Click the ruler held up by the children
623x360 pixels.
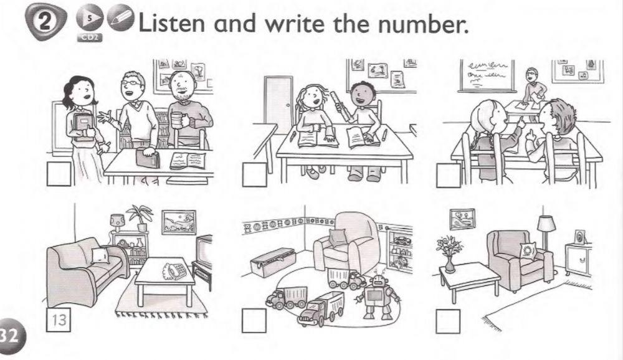[x=340, y=102]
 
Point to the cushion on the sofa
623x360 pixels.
[x=100, y=253]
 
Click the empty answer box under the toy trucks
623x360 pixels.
[x=254, y=321]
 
